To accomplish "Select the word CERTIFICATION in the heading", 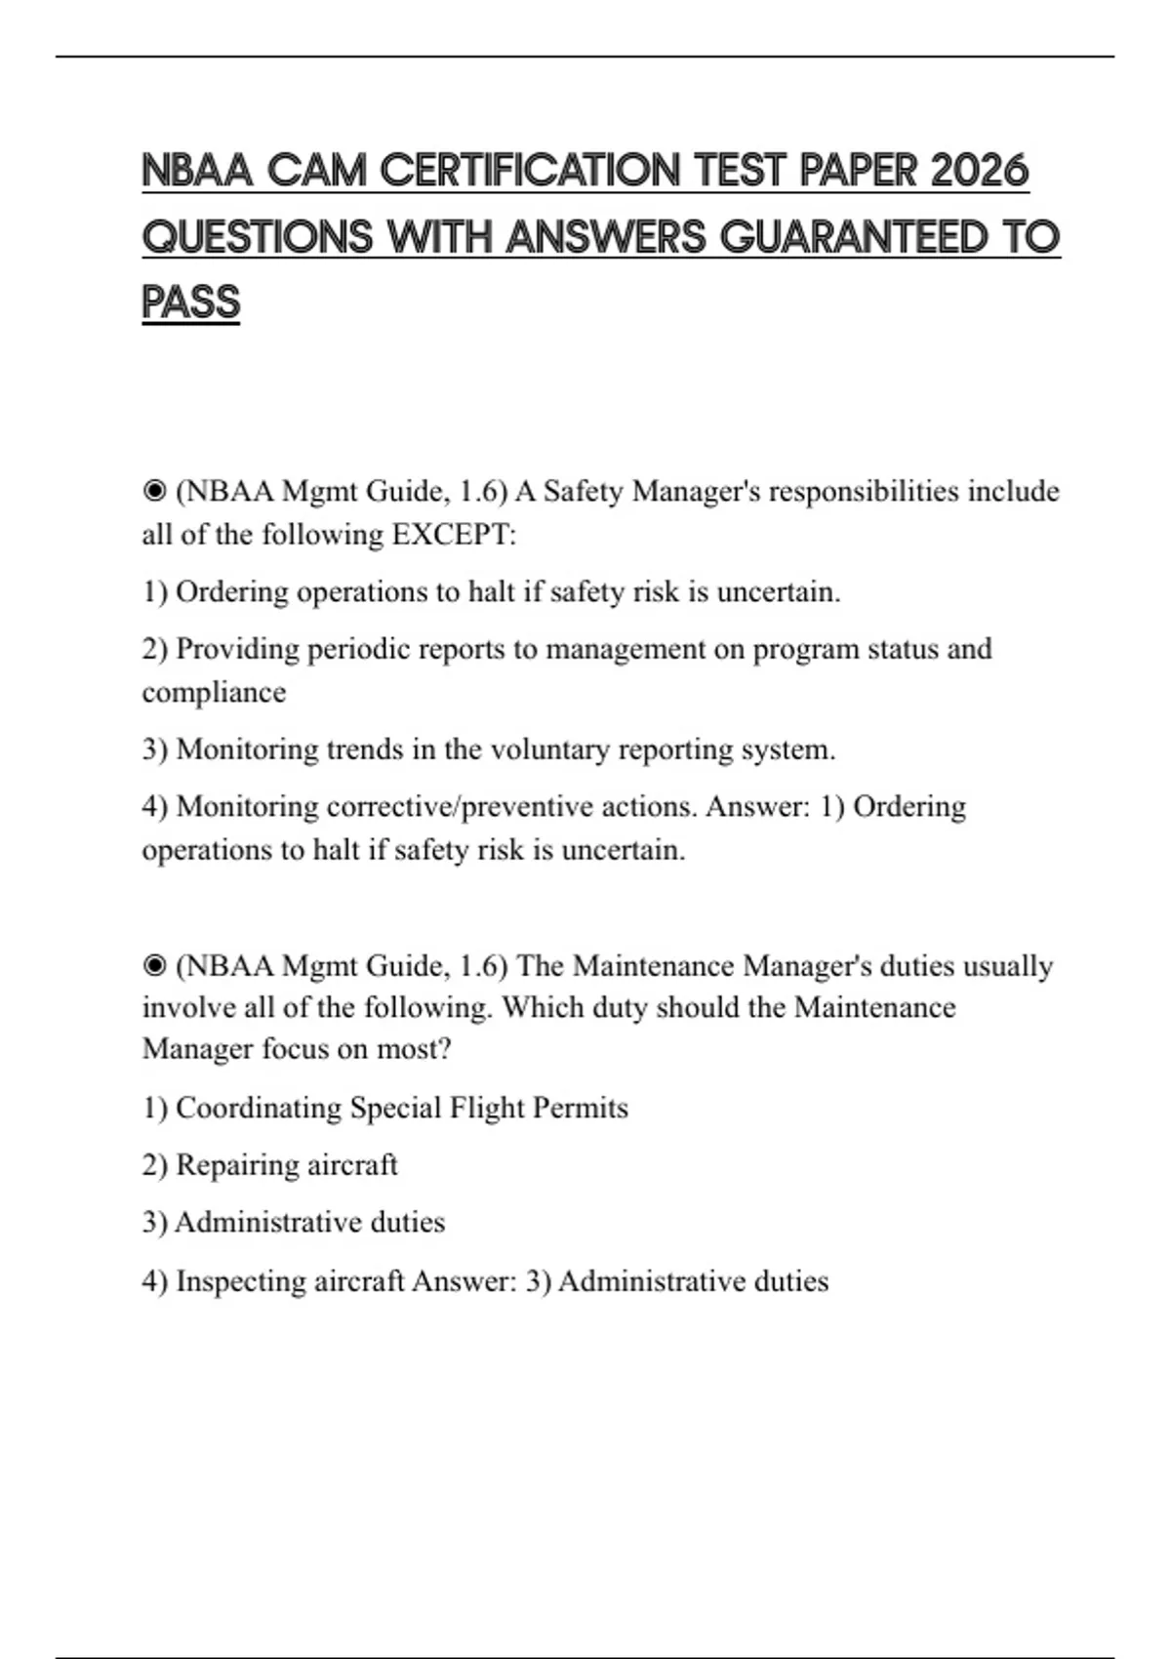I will pos(531,171).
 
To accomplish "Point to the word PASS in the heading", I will pos(190,303).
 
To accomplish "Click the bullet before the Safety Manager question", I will pos(154,491).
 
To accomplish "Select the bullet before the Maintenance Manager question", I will pos(154,966).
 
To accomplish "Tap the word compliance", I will pos(214,692).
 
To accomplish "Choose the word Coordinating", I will pos(259,1108).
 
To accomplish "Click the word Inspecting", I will pos(241,1280).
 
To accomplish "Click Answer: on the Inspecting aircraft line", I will pos(464,1280).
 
